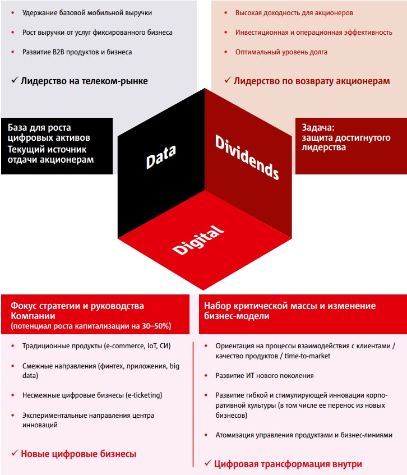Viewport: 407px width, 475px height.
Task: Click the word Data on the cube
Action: click(x=161, y=156)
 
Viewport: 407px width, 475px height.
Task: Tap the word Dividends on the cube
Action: click(x=247, y=157)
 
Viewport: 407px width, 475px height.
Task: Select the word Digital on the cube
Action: click(x=198, y=240)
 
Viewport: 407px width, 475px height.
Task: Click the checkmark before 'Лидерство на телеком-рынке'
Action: click(x=15, y=80)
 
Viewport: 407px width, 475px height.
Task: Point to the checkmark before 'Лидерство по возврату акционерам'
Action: click(x=228, y=80)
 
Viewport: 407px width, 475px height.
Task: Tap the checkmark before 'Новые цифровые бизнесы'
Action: click(x=15, y=453)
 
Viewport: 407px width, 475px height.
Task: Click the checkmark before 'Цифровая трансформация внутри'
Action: click(x=208, y=463)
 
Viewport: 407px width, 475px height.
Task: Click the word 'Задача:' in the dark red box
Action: click(x=318, y=127)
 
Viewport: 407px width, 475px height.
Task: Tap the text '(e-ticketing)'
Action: click(x=144, y=395)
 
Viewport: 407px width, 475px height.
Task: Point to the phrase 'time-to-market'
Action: click(x=307, y=356)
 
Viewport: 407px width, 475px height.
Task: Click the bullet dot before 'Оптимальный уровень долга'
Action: click(x=225, y=52)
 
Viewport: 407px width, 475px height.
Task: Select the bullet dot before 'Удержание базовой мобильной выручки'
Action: click(x=13, y=13)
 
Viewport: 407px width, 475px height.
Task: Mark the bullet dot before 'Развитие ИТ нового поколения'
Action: click(x=206, y=376)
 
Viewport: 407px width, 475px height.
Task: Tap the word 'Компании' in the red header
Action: click(x=33, y=316)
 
